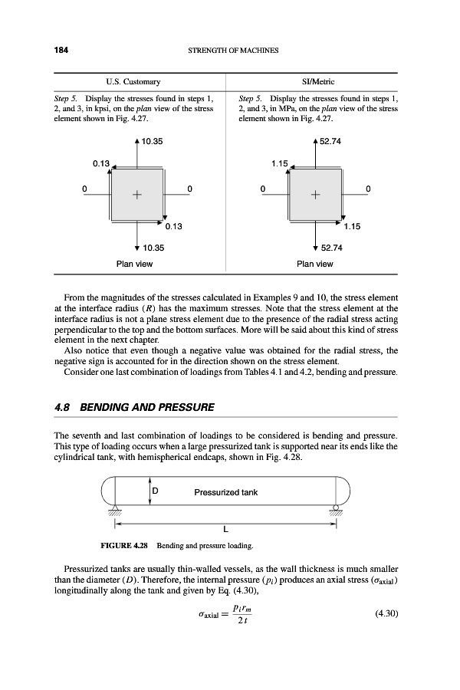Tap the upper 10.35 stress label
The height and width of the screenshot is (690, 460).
coord(151,141)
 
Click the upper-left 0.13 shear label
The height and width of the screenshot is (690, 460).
coord(101,163)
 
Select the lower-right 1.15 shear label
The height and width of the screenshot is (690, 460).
coord(352,226)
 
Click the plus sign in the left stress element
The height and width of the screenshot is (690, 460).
coord(137,195)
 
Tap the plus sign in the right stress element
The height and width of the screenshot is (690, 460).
coord(315,195)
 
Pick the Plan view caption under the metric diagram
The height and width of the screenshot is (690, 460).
coord(314,264)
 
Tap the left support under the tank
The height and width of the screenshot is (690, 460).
coord(117,511)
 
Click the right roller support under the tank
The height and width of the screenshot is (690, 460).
coord(334,511)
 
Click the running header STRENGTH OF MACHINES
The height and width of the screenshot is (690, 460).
coord(231,51)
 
